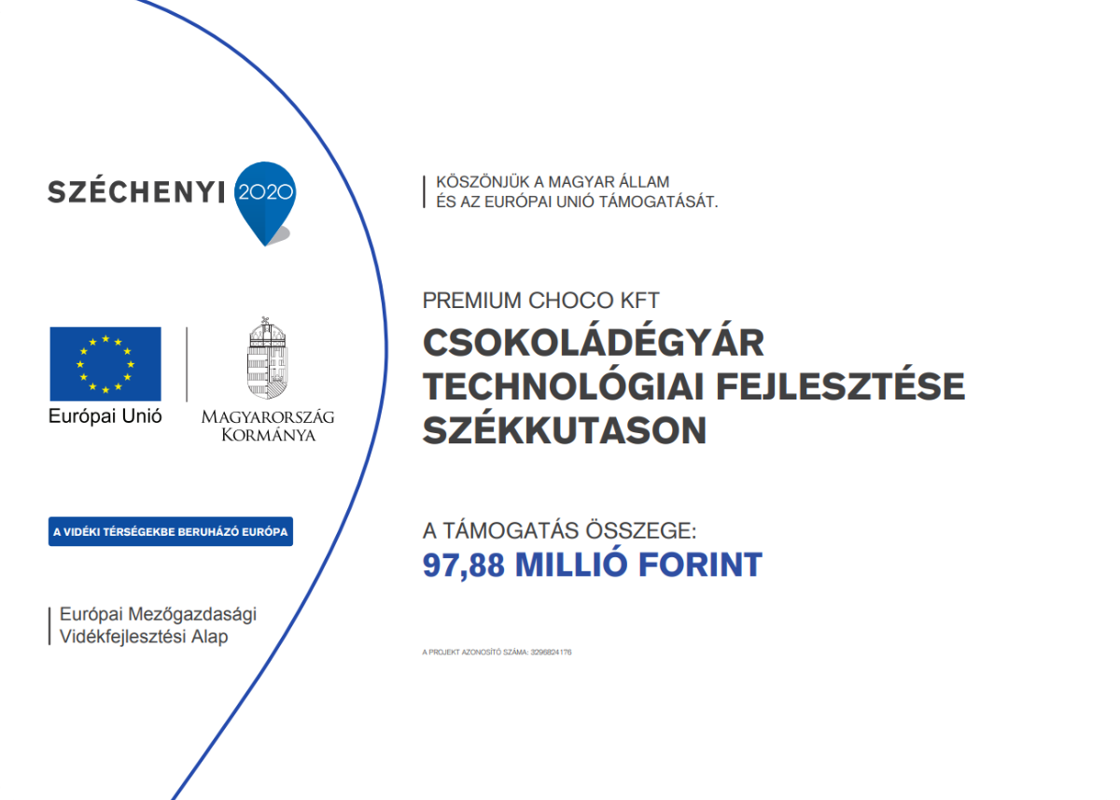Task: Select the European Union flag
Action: pos(105,364)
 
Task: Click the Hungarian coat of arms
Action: pos(268,358)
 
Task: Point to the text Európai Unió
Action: pos(105,416)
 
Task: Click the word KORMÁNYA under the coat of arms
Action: pos(269,435)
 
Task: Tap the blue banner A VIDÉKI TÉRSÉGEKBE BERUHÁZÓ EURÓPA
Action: pos(171,531)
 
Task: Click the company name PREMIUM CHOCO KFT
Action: pos(541,301)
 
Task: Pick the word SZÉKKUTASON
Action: pos(565,429)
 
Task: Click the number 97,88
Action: pos(464,566)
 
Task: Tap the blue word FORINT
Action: pos(701,565)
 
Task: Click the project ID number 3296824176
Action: pos(551,652)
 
